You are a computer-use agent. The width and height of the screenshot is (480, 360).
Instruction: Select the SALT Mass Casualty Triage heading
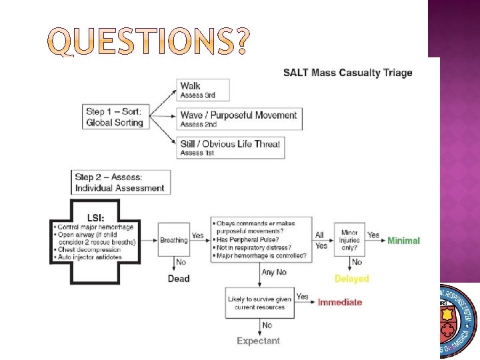tap(347, 73)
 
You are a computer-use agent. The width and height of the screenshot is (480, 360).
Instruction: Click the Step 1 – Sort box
tap(115, 118)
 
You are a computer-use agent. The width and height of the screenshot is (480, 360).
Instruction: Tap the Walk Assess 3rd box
tap(204, 90)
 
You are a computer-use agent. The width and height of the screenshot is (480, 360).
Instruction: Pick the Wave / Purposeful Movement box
tap(239, 119)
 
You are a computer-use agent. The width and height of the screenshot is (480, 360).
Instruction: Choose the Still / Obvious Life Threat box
tap(231, 147)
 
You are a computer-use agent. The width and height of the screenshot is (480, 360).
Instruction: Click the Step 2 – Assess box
tap(120, 182)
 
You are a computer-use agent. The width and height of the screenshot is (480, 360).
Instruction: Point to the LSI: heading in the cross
tap(95, 217)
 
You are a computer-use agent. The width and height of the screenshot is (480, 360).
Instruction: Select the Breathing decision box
tap(173, 240)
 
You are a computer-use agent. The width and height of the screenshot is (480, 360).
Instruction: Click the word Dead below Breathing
tap(179, 279)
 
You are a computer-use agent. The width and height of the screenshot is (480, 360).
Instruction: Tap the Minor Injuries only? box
tap(349, 239)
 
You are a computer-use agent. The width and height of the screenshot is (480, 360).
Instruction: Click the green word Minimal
tap(404, 241)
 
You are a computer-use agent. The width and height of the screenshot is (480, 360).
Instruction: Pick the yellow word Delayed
tap(351, 279)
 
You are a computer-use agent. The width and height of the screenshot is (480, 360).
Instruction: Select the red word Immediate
tap(340, 302)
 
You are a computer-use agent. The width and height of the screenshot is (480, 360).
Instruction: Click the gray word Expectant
tap(259, 341)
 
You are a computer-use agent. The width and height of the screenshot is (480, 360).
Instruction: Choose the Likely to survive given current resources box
tap(259, 304)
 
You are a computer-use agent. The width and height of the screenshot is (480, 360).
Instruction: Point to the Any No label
tap(275, 273)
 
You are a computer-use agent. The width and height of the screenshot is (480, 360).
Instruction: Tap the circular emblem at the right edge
tap(459, 320)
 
